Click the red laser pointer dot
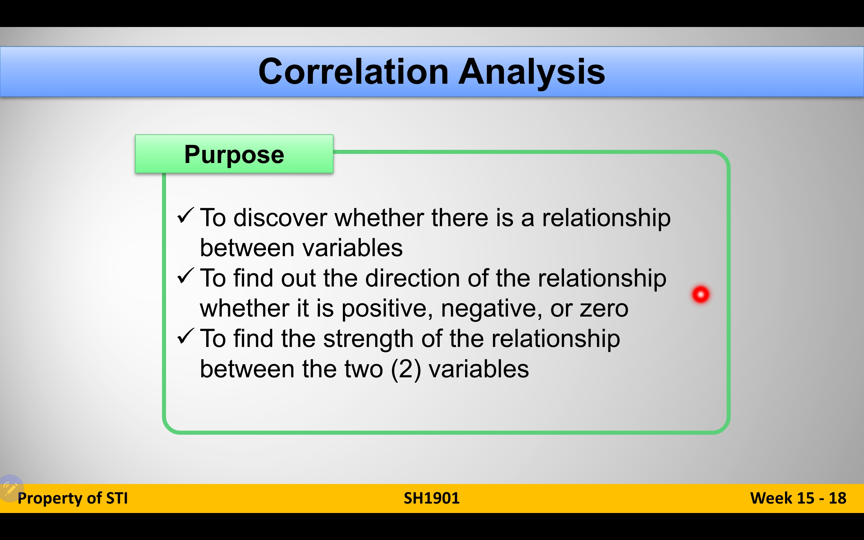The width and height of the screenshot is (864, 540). (701, 295)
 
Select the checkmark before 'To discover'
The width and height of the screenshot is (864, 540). (186, 215)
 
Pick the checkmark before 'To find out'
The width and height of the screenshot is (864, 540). (186, 276)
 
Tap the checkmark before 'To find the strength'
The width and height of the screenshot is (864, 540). (186, 336)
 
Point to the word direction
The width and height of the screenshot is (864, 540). (412, 278)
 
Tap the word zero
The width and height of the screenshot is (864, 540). (604, 309)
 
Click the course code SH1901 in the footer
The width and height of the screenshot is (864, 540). (432, 498)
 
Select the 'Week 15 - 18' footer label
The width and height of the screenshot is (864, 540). (798, 498)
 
